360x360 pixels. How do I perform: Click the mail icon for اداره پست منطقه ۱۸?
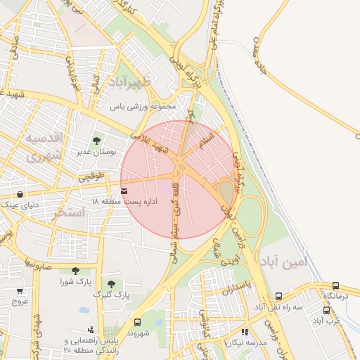124,191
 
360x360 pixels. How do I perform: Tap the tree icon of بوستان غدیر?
96,141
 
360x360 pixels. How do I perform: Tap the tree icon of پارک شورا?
75,271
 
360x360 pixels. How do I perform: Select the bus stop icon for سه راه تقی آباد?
279,297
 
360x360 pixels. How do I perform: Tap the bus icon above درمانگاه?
335,285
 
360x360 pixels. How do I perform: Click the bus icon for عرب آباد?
327,309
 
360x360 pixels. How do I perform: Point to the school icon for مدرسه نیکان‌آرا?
245,331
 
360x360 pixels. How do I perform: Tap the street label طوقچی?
91,176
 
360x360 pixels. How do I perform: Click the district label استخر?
69,212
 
